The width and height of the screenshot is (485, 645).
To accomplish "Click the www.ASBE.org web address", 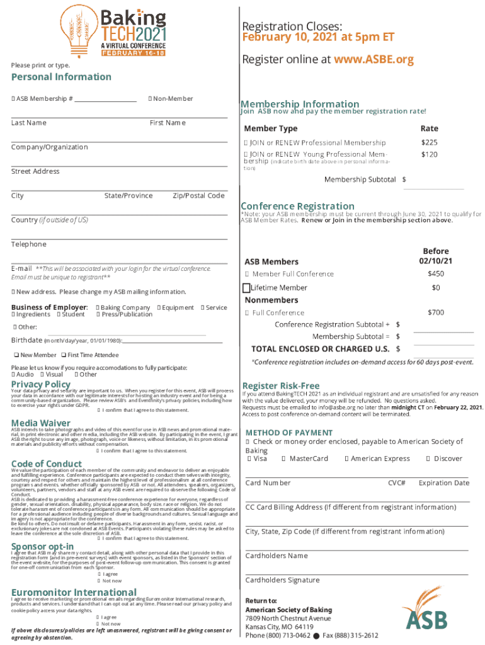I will point(374,60).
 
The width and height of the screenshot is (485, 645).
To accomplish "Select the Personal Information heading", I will point(61,77).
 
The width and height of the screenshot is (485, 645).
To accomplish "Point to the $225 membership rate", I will point(430,142).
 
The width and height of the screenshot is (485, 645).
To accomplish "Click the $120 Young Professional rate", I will point(430,154).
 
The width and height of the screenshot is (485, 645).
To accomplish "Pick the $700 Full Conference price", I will point(436,312).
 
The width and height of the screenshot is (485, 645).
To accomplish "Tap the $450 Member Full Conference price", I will point(436,273).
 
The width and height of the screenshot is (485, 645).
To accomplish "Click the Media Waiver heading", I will point(40,422).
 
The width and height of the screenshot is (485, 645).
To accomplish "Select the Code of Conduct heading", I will point(47,464).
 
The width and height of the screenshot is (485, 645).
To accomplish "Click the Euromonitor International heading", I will point(73,591).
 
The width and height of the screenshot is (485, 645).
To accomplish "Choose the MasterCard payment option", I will point(307,459).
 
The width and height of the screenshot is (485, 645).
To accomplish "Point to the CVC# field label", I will point(397,483).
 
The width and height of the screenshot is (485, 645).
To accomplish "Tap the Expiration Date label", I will point(444,483).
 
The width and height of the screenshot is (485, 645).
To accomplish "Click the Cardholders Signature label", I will point(282,580).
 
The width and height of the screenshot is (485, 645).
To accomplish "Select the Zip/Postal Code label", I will point(198,196).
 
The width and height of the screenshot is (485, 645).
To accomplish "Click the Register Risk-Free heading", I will point(281,385).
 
